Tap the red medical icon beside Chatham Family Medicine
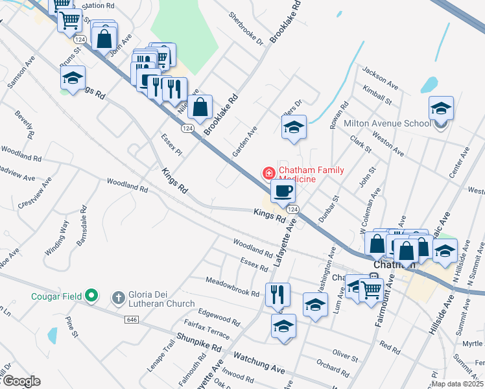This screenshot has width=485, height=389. (x=267, y=173)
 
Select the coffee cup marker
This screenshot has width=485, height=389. (x=283, y=191)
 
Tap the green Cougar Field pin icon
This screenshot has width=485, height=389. (x=92, y=296)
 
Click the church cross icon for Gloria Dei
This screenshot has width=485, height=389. (x=118, y=297)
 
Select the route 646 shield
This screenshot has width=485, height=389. (x=132, y=320)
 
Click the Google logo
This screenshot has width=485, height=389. (x=21, y=381)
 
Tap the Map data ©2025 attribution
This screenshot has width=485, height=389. (x=456, y=383)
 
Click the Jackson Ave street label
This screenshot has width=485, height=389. (x=380, y=77)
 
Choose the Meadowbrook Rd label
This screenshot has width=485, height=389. (x=232, y=286)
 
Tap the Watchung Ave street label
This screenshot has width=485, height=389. (x=259, y=362)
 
